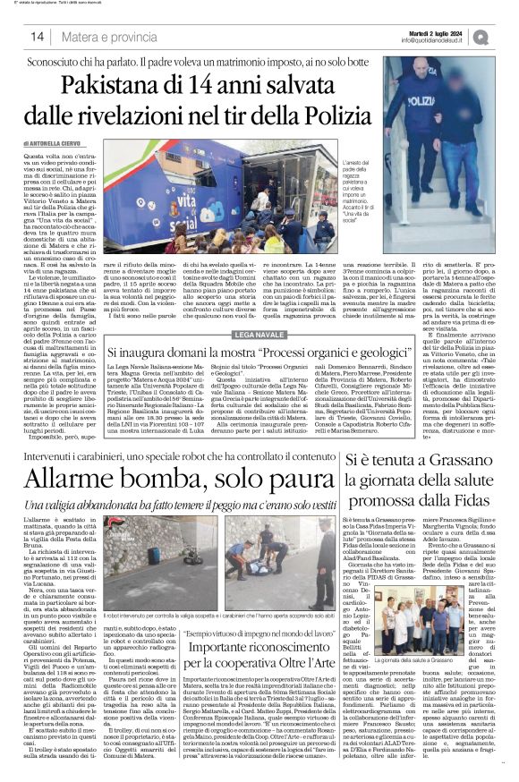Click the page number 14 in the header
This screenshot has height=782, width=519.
37,38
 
